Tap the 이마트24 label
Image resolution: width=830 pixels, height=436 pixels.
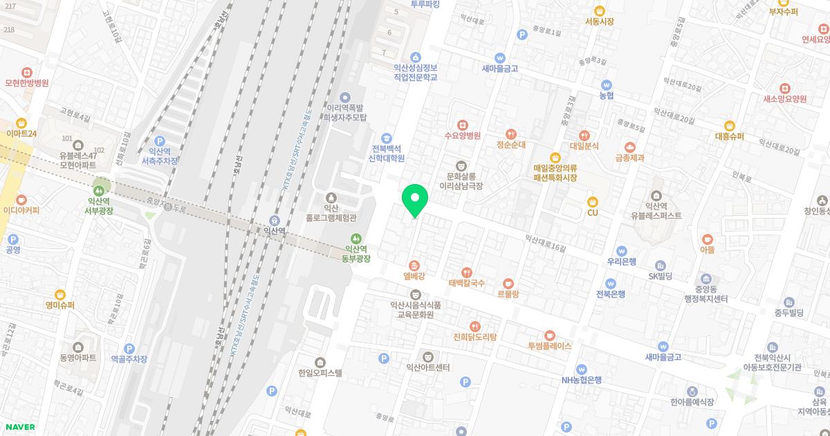(x=20, y=134)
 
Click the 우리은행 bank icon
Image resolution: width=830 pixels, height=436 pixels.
(x=622, y=251)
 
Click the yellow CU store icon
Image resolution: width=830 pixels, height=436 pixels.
(x=592, y=201)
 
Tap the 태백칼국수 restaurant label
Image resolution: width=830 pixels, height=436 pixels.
(x=467, y=283)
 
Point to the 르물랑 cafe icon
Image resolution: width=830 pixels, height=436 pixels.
(x=508, y=283)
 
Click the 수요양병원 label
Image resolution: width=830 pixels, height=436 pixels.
(x=462, y=136)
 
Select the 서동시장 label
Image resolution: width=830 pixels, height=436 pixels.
(x=599, y=21)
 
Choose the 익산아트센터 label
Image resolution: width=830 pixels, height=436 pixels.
(x=428, y=367)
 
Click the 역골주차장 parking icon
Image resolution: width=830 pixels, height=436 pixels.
(x=129, y=349)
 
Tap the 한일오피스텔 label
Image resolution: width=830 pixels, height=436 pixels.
(x=320, y=372)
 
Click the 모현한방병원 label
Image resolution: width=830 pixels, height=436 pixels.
(x=26, y=83)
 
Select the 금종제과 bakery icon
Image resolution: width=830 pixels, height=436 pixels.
(x=629, y=147)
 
